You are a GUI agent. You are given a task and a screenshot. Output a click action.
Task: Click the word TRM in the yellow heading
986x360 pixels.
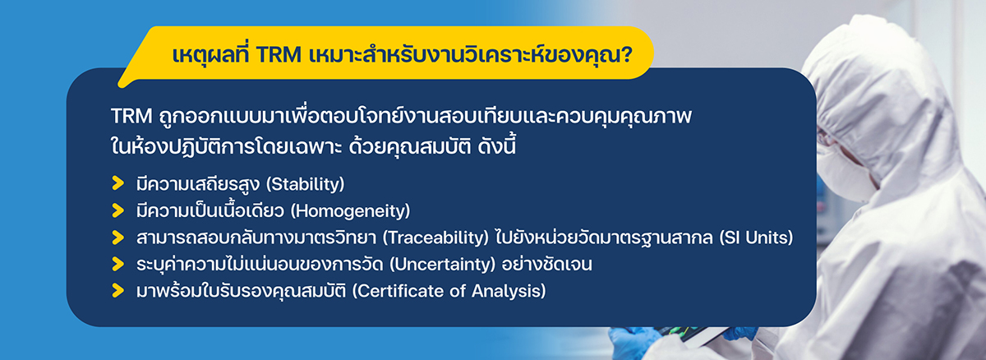[x=279, y=55]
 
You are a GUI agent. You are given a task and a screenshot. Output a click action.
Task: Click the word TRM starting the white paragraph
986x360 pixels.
[x=131, y=116]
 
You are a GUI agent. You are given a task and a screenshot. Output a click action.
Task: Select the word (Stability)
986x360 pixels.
[x=306, y=184]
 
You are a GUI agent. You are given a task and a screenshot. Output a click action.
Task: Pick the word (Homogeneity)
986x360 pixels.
[x=350, y=210]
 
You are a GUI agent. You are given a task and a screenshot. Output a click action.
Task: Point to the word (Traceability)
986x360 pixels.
[x=435, y=238]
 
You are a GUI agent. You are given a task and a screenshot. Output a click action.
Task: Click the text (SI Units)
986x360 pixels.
[x=756, y=238]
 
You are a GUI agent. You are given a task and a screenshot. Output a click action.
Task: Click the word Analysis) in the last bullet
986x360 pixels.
[x=509, y=291]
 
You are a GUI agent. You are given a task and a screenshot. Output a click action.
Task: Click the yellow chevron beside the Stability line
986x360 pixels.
[x=118, y=183]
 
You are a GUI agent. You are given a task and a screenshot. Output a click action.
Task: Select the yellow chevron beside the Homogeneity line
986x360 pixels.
[x=118, y=210]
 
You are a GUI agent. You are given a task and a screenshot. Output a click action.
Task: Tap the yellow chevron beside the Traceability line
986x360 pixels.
[x=118, y=238]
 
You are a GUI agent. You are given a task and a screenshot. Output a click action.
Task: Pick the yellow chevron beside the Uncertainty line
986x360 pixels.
[x=118, y=264]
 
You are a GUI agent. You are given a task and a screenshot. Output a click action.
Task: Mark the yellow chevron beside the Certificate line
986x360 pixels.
[x=118, y=290]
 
